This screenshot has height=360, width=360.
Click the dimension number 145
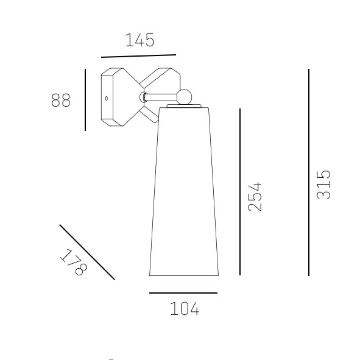[140, 40]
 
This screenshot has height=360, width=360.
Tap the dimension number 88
[61, 100]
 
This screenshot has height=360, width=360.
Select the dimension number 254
[255, 197]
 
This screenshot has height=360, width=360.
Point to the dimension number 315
[323, 185]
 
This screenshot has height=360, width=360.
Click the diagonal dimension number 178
[74, 262]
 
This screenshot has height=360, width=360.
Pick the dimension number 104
[185, 309]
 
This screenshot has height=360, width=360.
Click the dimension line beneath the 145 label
[138, 56]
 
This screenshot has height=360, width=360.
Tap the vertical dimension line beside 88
[85, 100]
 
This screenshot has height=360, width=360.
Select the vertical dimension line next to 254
[240, 192]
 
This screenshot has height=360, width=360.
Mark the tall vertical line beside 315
[309, 172]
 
